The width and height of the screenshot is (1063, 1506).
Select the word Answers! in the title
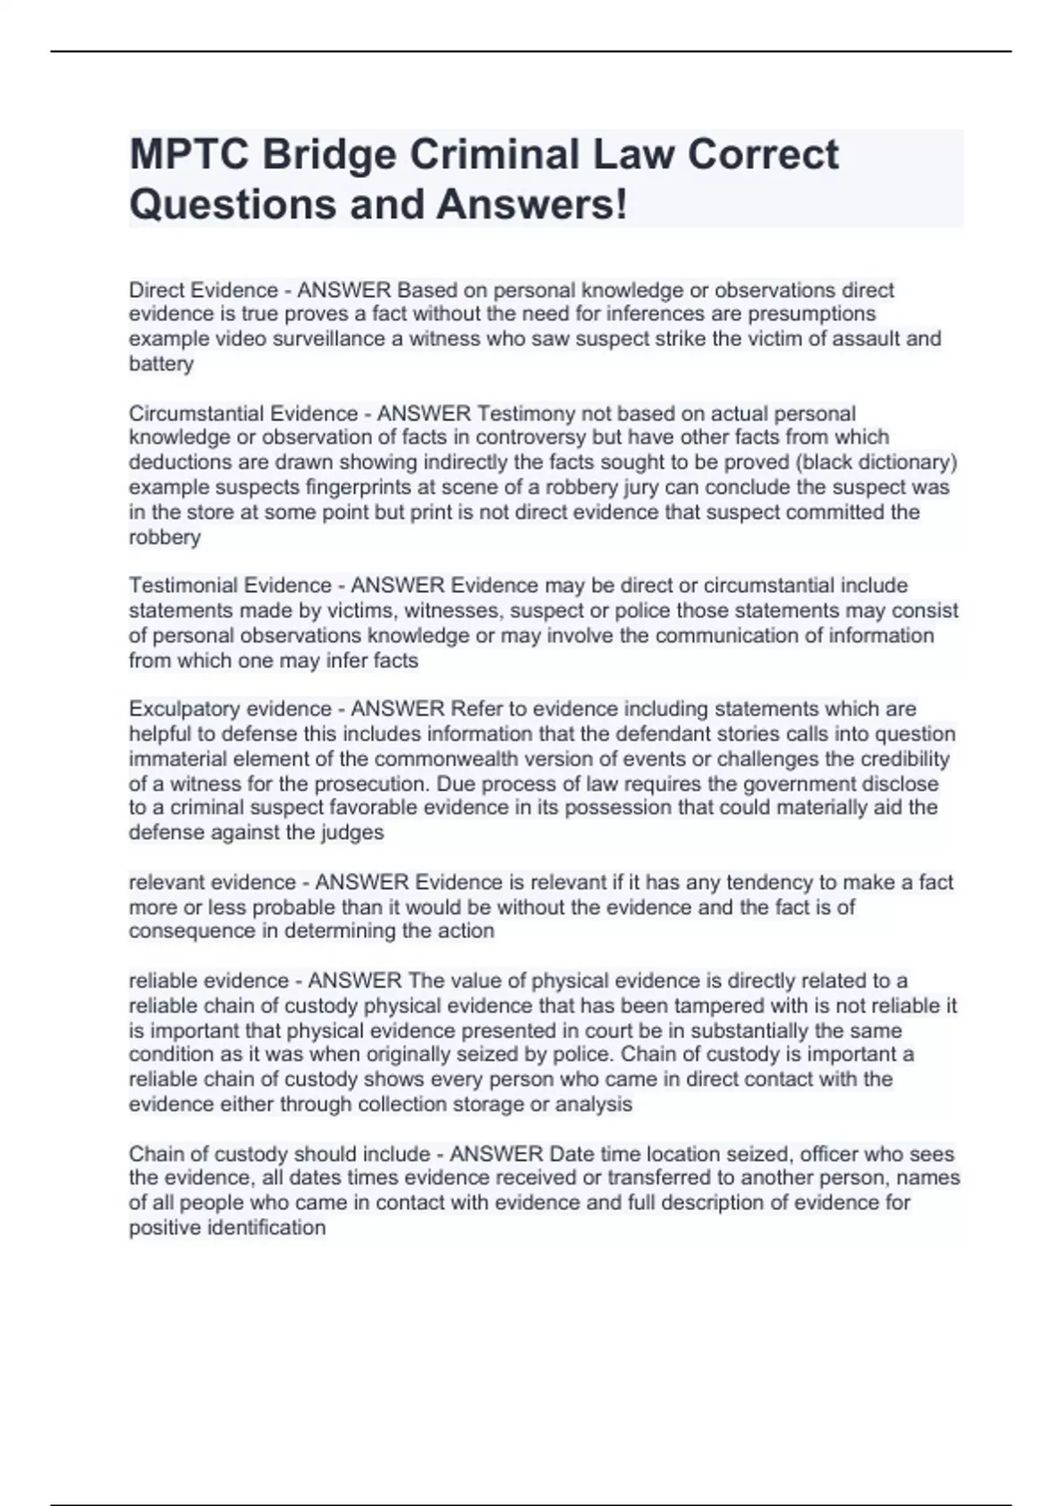point(531,205)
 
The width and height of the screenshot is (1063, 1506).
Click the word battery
point(160,364)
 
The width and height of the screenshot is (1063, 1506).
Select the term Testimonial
point(185,586)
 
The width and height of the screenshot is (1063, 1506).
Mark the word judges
point(353,833)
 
